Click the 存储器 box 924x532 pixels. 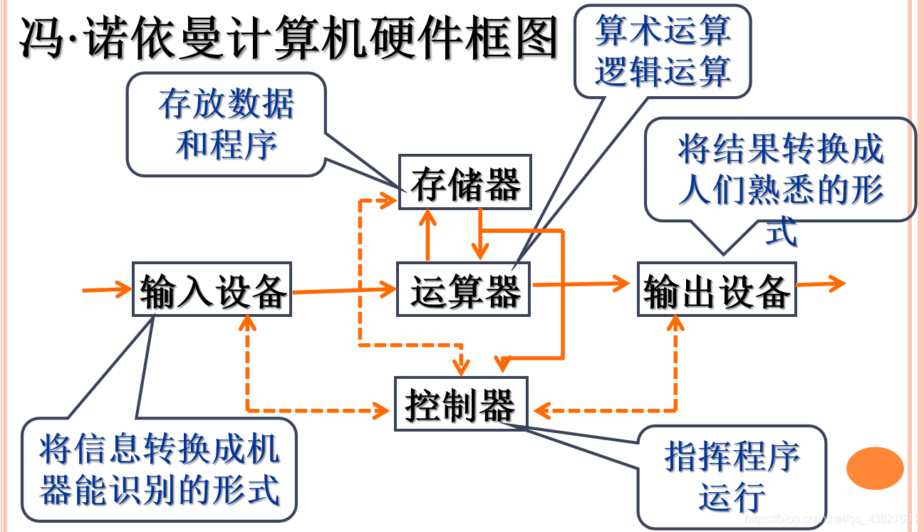coord(464,182)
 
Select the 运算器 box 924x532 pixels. coord(464,289)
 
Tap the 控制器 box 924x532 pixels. coord(462,404)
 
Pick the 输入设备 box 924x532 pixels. coord(213,289)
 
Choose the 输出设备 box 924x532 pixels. coord(716,289)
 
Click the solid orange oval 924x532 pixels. coord(875,468)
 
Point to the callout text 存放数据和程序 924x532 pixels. coord(226,125)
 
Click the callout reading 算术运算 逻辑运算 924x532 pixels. coord(663,50)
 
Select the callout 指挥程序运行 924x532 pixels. coord(732,476)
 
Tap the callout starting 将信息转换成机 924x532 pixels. coord(159,469)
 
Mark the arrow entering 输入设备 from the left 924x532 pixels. coord(107,289)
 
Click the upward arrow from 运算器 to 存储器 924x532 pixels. coord(427,235)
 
